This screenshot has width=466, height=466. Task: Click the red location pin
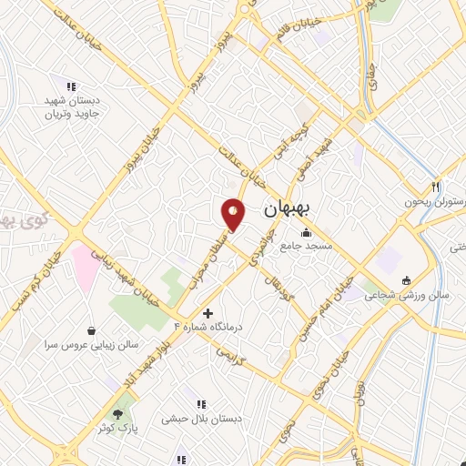(x=234, y=213)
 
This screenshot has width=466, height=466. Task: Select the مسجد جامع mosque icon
(x=306, y=231)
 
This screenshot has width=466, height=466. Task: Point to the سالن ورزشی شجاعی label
(x=401, y=295)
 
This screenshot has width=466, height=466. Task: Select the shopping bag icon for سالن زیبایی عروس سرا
(x=92, y=331)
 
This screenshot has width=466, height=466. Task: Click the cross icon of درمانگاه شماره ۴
(x=208, y=313)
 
